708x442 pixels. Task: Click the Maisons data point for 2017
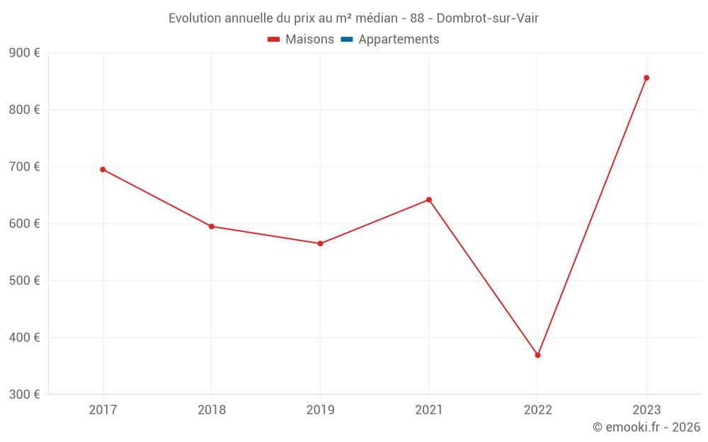point(103,170)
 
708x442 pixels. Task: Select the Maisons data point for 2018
point(212,226)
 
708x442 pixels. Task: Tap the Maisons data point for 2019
point(320,243)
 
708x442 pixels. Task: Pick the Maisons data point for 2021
point(429,199)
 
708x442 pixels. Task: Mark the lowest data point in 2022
point(537,355)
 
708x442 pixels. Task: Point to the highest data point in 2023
point(646,78)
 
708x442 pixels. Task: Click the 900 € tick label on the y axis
point(24,53)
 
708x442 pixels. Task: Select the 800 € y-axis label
point(24,110)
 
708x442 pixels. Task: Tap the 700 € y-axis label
point(24,167)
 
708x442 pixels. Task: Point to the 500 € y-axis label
point(24,281)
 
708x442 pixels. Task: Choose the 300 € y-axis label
point(24,394)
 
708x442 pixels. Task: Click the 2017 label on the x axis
point(103,409)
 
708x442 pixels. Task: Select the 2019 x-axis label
point(320,409)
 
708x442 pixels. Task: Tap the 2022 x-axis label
point(537,409)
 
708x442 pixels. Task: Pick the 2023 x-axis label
point(646,409)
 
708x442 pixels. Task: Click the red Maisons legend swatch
point(274,40)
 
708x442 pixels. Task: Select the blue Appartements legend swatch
point(347,40)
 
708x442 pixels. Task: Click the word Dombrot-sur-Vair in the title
point(488,18)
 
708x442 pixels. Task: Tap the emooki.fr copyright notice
point(646,427)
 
